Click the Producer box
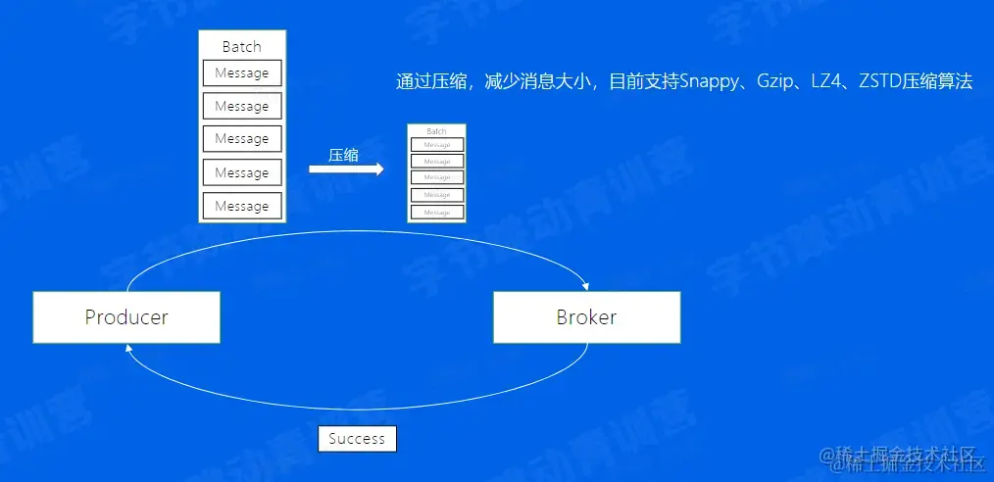(x=126, y=316)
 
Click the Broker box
(x=586, y=316)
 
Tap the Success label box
(x=357, y=438)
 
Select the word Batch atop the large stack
(x=242, y=46)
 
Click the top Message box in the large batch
(x=242, y=72)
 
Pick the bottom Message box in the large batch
(x=242, y=206)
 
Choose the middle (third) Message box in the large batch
(x=242, y=139)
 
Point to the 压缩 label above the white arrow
(x=343, y=154)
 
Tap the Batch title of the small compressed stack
(x=436, y=130)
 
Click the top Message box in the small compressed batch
(x=436, y=144)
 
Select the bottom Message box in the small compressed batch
(x=436, y=212)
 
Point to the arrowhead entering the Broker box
(x=585, y=286)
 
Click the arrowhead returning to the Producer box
(x=130, y=348)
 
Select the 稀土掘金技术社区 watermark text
(x=902, y=457)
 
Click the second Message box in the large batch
(x=242, y=106)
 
